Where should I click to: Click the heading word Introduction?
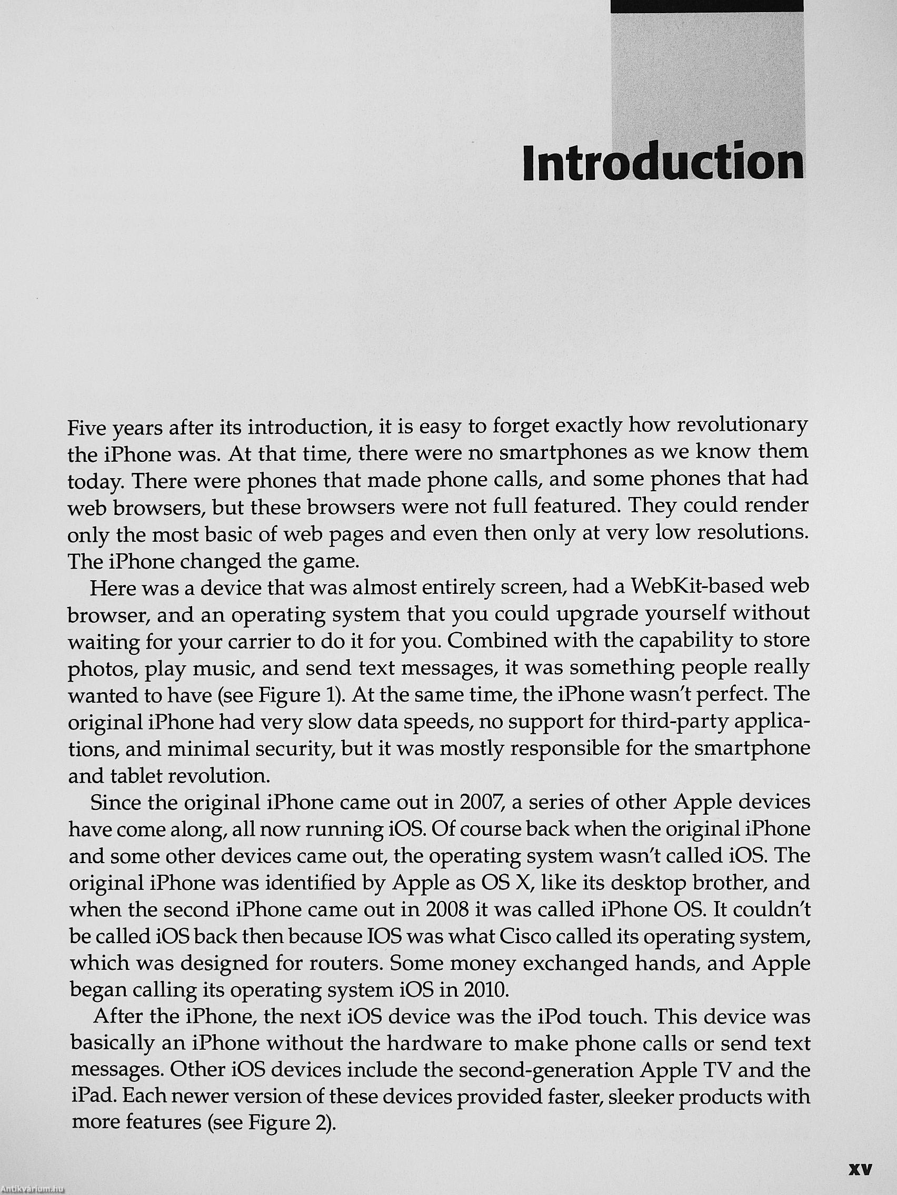coord(663,162)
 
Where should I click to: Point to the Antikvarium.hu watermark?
coord(33,1189)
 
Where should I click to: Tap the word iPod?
coord(559,1017)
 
